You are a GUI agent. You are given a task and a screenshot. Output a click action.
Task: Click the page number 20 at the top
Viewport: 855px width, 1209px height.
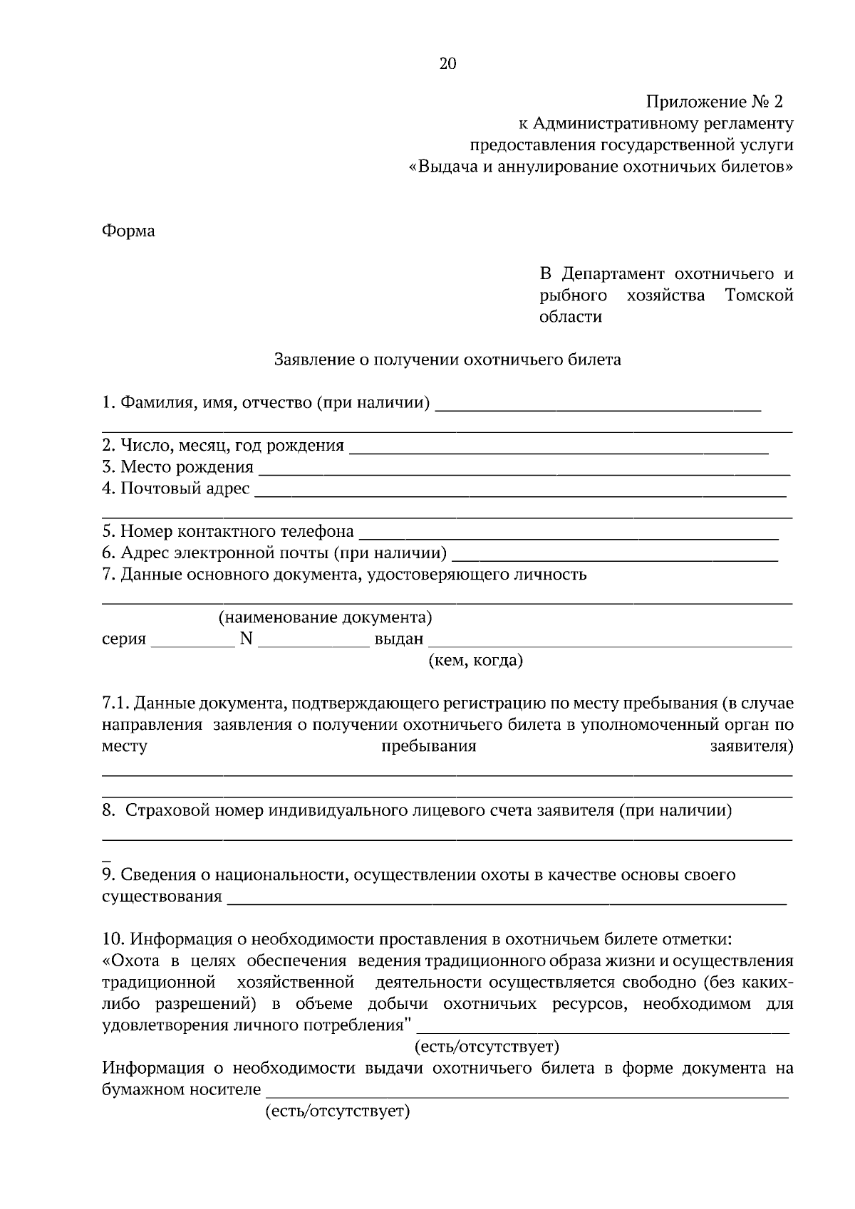(x=447, y=64)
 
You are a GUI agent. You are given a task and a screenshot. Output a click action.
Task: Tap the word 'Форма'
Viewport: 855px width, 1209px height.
(x=128, y=231)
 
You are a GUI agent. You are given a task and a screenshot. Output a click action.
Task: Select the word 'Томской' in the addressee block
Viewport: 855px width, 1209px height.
(x=759, y=295)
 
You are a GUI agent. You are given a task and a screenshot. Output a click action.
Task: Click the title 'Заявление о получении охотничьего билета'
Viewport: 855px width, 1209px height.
(x=447, y=360)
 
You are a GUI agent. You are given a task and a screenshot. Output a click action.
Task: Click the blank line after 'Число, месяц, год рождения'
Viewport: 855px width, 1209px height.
(x=559, y=449)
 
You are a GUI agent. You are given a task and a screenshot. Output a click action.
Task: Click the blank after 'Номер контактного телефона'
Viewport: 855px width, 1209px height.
(x=568, y=534)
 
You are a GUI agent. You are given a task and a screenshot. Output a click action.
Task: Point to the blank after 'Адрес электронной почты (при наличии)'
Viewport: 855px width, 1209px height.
(x=615, y=555)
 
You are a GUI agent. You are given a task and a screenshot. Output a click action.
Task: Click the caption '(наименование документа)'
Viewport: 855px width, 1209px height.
(x=325, y=617)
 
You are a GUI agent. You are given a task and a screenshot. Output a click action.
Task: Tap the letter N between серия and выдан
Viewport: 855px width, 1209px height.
(x=246, y=639)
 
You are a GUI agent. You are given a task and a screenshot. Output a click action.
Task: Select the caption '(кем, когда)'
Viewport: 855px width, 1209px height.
(x=475, y=661)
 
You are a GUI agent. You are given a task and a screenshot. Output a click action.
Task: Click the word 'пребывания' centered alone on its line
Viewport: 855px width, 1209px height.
(x=428, y=747)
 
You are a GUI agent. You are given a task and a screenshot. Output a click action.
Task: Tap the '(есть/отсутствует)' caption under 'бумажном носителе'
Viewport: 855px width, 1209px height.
(x=337, y=1111)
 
